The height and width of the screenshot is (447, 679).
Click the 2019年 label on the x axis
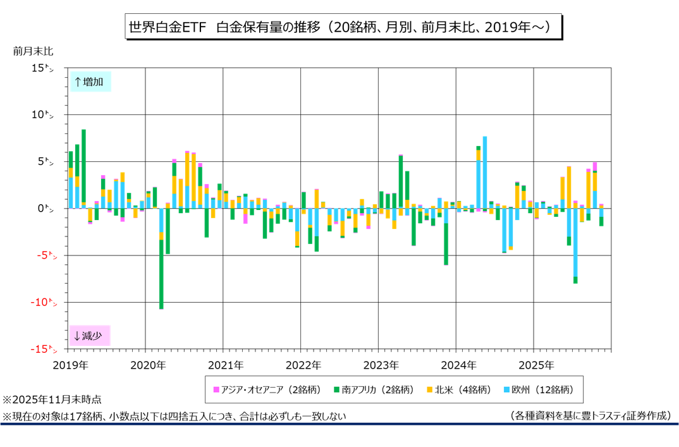click(70, 365)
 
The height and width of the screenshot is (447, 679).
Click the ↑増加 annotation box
click(90, 82)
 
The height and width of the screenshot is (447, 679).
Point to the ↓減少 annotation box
click(90, 336)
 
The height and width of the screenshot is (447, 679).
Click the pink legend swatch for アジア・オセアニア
click(216, 389)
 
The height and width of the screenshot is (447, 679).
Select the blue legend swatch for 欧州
click(508, 389)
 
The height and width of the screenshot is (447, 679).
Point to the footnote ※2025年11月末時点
click(52, 401)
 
